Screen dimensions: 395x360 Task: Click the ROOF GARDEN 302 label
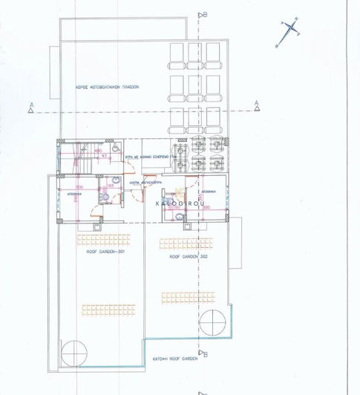click(186, 255)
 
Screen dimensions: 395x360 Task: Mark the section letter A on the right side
click(256, 102)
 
